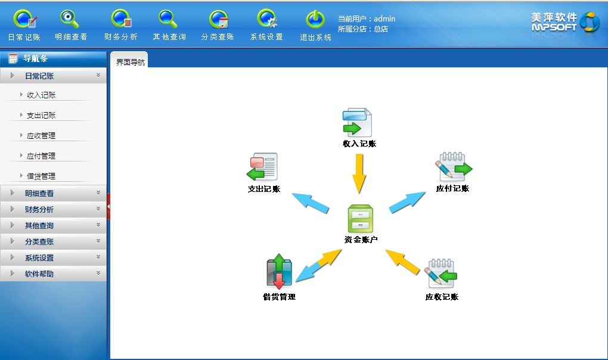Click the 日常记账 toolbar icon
[24, 20]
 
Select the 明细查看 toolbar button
[70, 20]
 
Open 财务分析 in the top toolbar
[120, 20]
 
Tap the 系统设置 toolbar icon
[266, 20]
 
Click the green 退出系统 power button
[315, 20]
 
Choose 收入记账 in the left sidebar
[41, 95]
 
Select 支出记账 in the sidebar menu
[41, 115]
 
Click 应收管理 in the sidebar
[41, 135]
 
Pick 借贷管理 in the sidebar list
[41, 176]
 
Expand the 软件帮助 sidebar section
[53, 274]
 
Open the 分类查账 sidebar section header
[53, 241]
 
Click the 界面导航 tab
[130, 62]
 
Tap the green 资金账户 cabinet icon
[360, 219]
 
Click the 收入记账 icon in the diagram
[357, 123]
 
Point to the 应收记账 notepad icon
[442, 274]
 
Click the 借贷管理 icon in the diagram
[279, 273]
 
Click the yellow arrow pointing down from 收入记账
[358, 173]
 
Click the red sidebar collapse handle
[108, 206]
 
